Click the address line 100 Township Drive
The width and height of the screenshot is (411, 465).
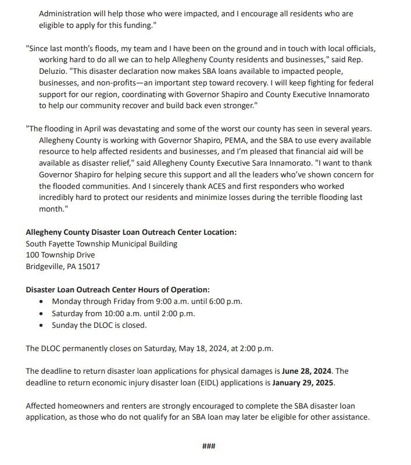click(x=60, y=255)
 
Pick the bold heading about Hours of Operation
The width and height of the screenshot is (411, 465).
click(x=117, y=289)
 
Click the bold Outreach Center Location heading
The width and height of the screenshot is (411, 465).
click(x=131, y=232)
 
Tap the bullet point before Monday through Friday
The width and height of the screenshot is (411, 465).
click(x=40, y=301)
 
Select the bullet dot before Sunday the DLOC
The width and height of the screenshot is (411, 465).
click(x=40, y=325)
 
